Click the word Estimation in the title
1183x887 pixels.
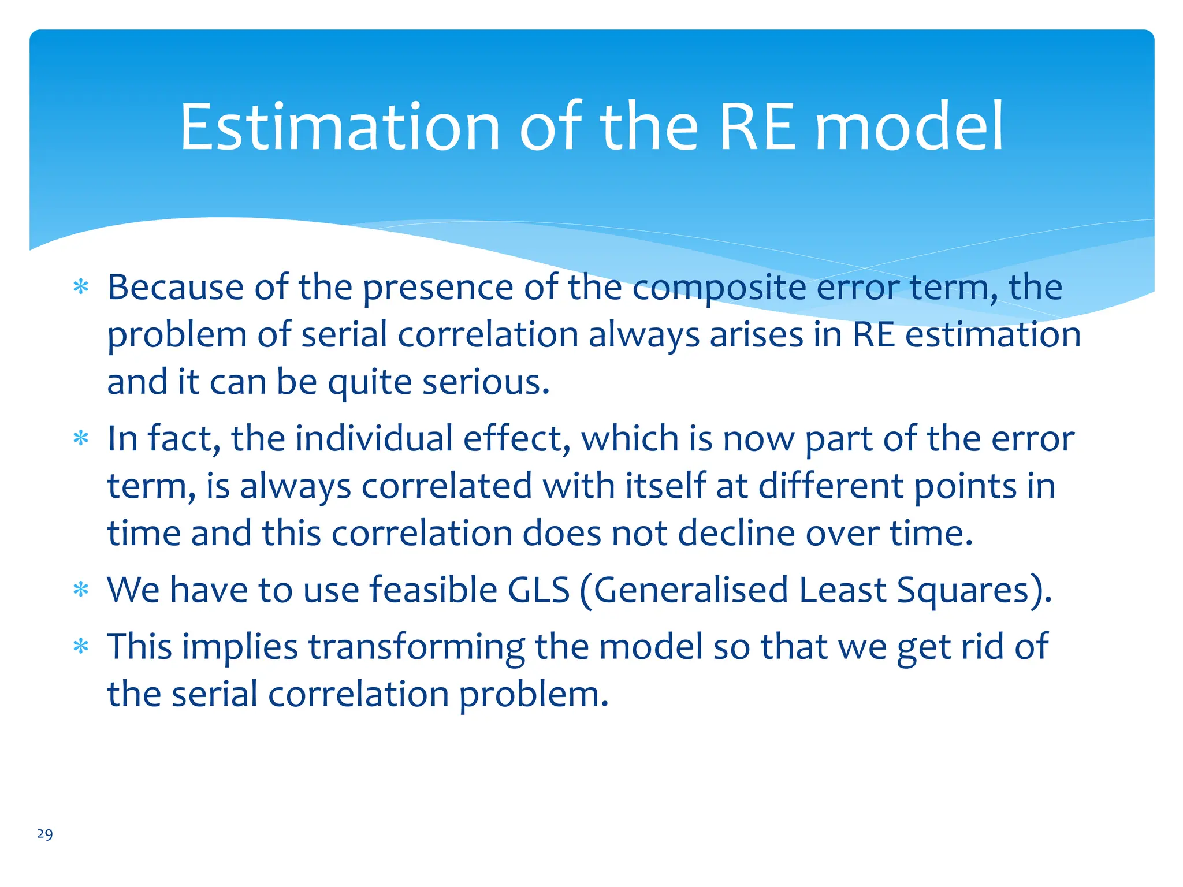click(340, 127)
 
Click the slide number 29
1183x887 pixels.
click(45, 834)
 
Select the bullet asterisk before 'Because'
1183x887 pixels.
click(81, 286)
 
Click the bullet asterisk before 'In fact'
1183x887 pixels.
click(81, 438)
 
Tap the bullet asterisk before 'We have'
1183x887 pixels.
click(81, 590)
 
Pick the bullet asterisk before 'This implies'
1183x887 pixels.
click(81, 646)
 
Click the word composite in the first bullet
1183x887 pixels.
click(719, 288)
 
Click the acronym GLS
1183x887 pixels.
click(538, 590)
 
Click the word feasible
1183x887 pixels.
click(433, 590)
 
